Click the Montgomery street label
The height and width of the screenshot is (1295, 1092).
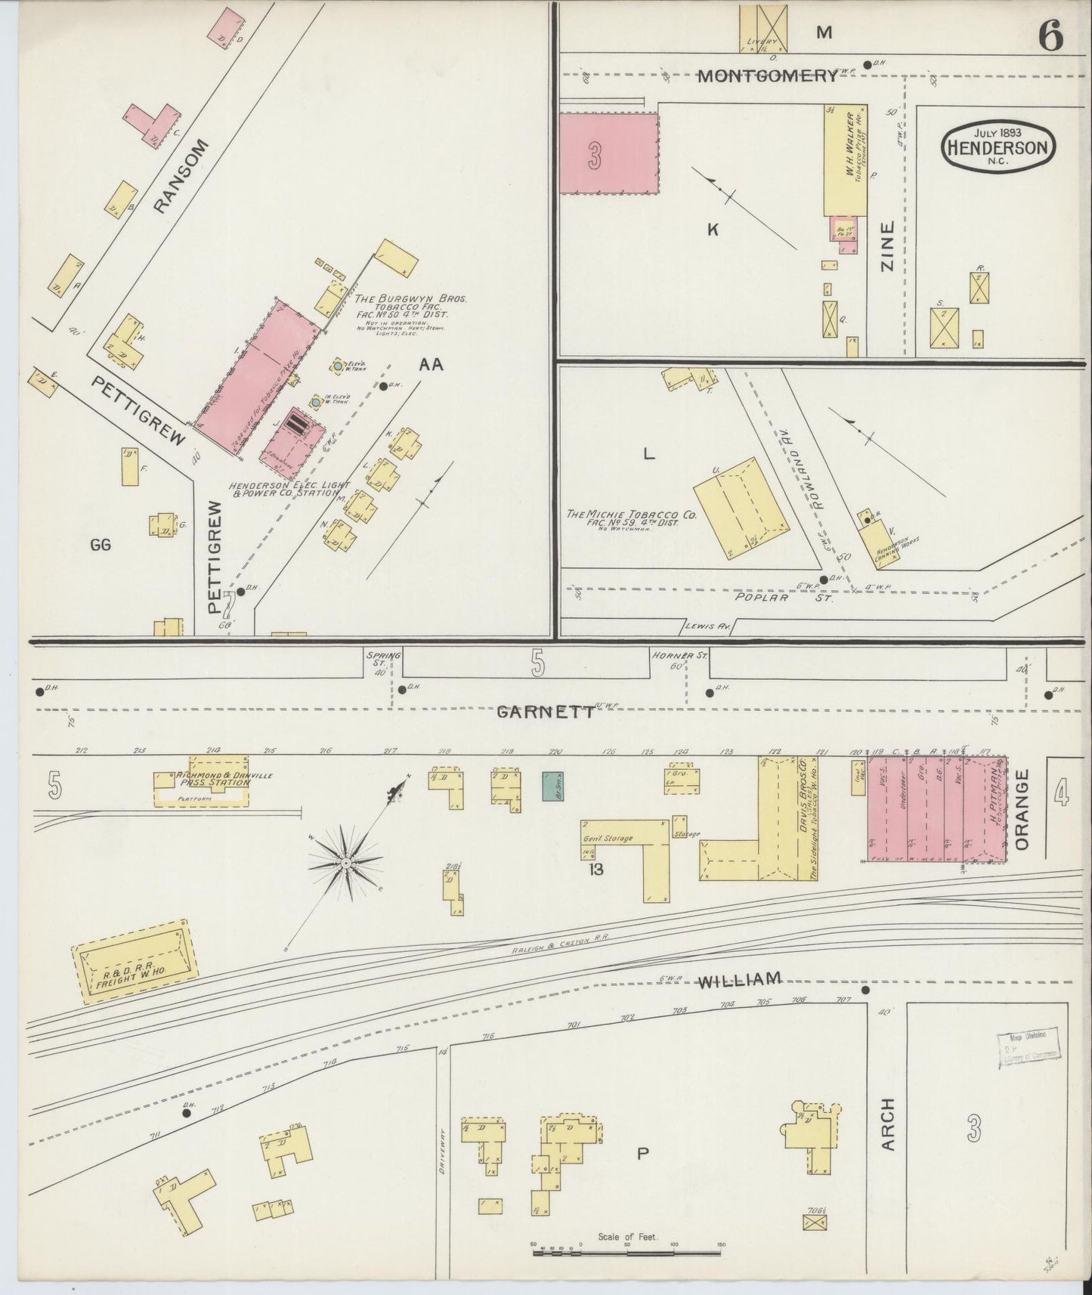767,76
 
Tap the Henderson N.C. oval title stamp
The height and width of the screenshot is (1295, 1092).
998,147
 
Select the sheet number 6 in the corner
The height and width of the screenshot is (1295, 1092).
1050,36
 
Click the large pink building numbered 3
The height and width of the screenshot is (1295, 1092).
608,153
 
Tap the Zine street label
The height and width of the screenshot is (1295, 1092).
888,246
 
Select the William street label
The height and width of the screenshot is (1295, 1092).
739,981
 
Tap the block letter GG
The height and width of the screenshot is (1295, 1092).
100,544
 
